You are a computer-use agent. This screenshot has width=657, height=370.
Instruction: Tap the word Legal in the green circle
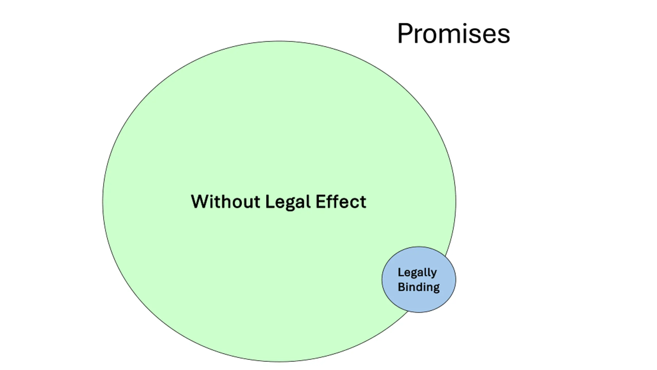(x=288, y=202)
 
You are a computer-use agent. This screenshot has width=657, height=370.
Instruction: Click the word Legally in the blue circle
(x=417, y=273)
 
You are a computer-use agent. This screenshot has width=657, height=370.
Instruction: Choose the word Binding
(x=419, y=287)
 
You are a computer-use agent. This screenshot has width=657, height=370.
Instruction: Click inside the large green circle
(x=257, y=128)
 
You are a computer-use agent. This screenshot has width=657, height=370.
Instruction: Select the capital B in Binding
(x=401, y=287)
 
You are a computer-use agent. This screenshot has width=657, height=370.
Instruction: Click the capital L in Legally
(x=400, y=272)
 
